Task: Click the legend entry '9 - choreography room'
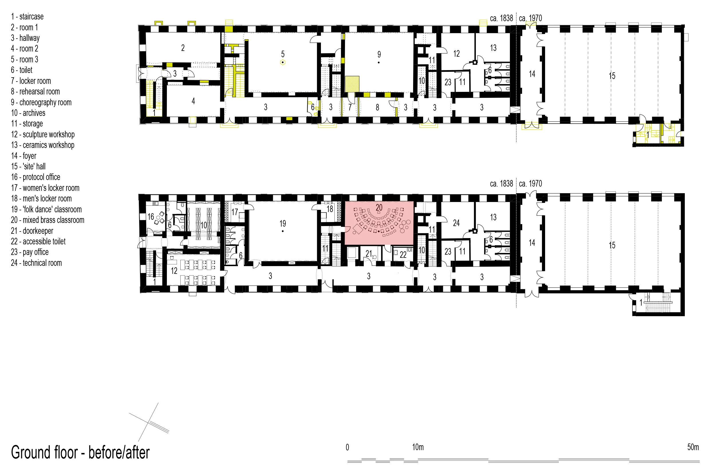[x=41, y=102]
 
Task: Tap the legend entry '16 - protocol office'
[x=35, y=177]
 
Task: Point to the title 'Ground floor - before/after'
[x=80, y=452]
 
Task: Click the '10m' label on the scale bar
[x=418, y=447]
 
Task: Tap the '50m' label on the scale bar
[x=693, y=447]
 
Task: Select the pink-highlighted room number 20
[x=379, y=207]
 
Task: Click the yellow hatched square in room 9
[x=352, y=84]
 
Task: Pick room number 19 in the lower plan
[x=283, y=223]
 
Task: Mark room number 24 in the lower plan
[x=456, y=223]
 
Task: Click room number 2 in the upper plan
[x=183, y=48]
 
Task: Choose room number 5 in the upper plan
[x=283, y=54]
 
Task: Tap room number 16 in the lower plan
[x=151, y=217]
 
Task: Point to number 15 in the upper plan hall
[x=612, y=76]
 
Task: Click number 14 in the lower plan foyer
[x=532, y=243]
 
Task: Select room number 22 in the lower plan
[x=403, y=255]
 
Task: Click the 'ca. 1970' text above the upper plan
[x=530, y=18]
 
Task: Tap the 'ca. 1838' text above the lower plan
[x=501, y=184]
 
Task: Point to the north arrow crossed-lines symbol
[x=149, y=422]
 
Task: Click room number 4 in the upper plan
[x=193, y=101]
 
